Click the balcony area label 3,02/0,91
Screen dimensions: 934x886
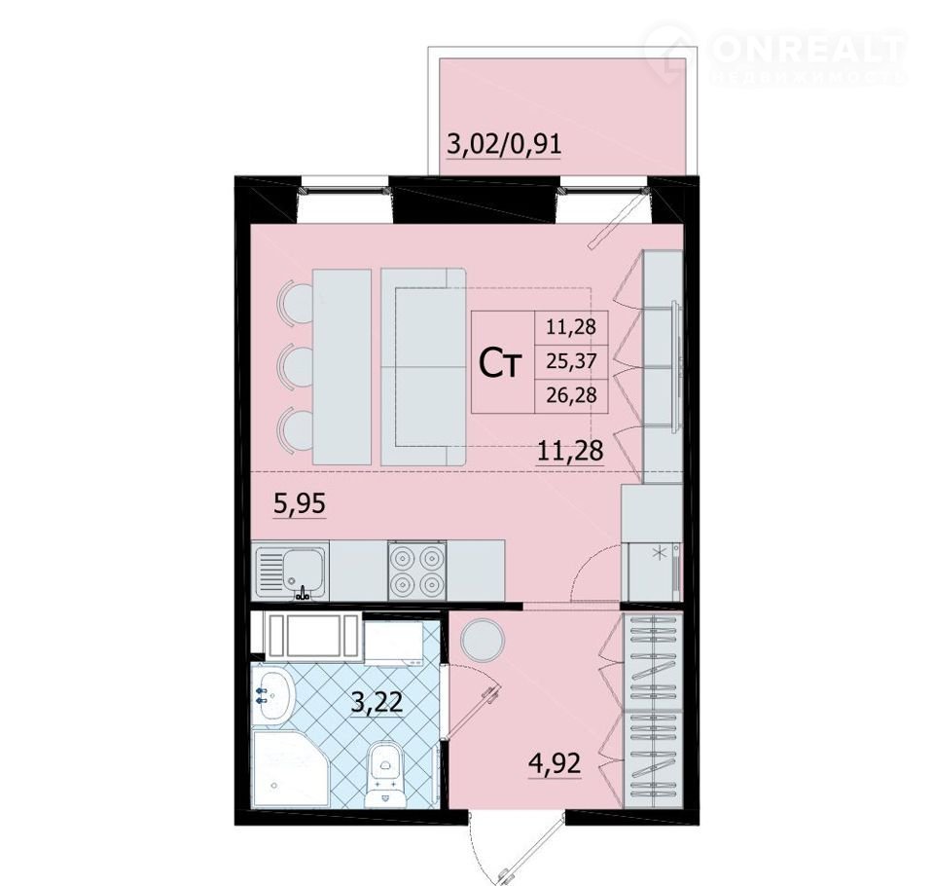504,144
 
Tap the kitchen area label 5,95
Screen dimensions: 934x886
300,504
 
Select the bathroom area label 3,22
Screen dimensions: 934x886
377,702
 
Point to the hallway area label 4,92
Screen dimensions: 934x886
554,762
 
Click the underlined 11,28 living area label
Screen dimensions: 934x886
570,451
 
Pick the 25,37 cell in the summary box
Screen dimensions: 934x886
571,361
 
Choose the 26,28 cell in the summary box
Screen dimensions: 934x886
571,394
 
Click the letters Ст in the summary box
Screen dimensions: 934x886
501,365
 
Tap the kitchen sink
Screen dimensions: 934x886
290,572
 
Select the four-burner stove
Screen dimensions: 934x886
417,572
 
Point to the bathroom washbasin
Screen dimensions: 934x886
273,694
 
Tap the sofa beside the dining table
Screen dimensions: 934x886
423,367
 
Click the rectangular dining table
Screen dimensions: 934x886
341,367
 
